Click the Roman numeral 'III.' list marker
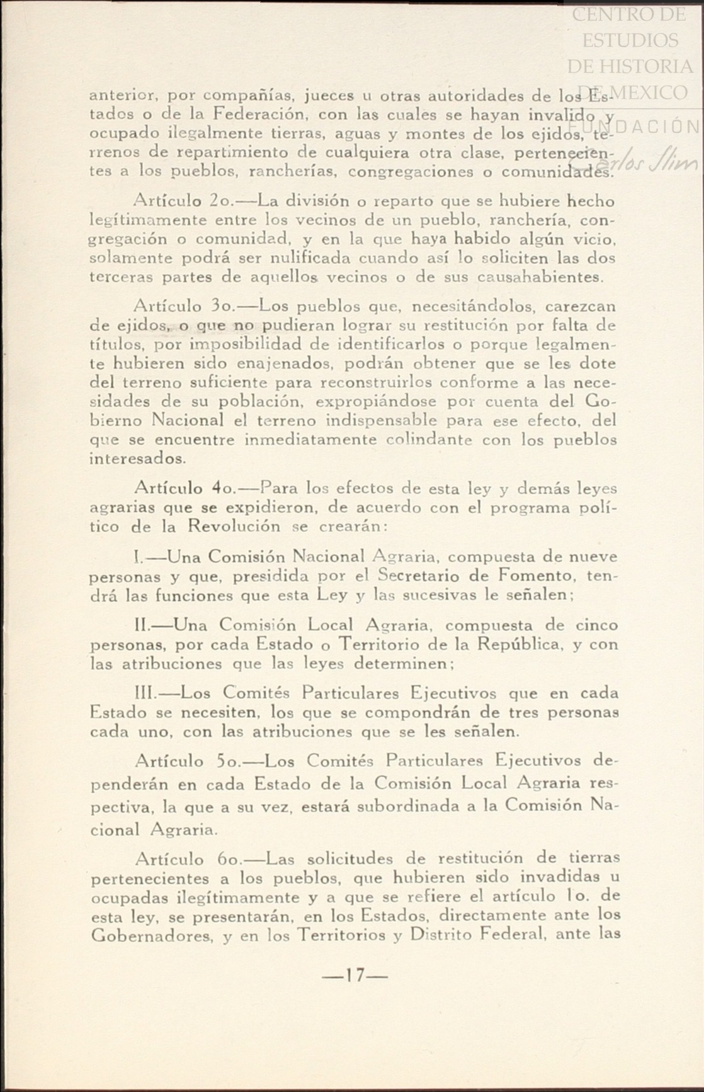146,693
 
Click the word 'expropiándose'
376,401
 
